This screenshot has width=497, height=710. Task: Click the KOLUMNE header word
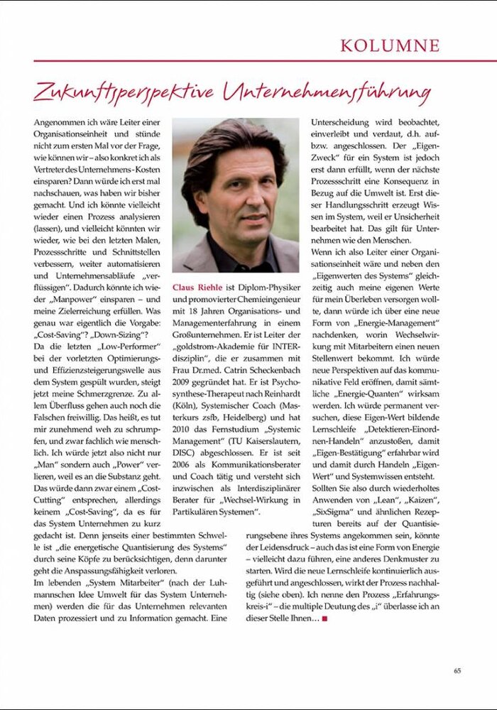pyautogui.click(x=390, y=45)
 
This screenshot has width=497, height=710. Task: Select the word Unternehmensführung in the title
pyautogui.click(x=327, y=92)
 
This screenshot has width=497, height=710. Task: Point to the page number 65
pyautogui.click(x=458, y=669)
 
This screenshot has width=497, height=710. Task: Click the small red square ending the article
pyautogui.click(x=324, y=619)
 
